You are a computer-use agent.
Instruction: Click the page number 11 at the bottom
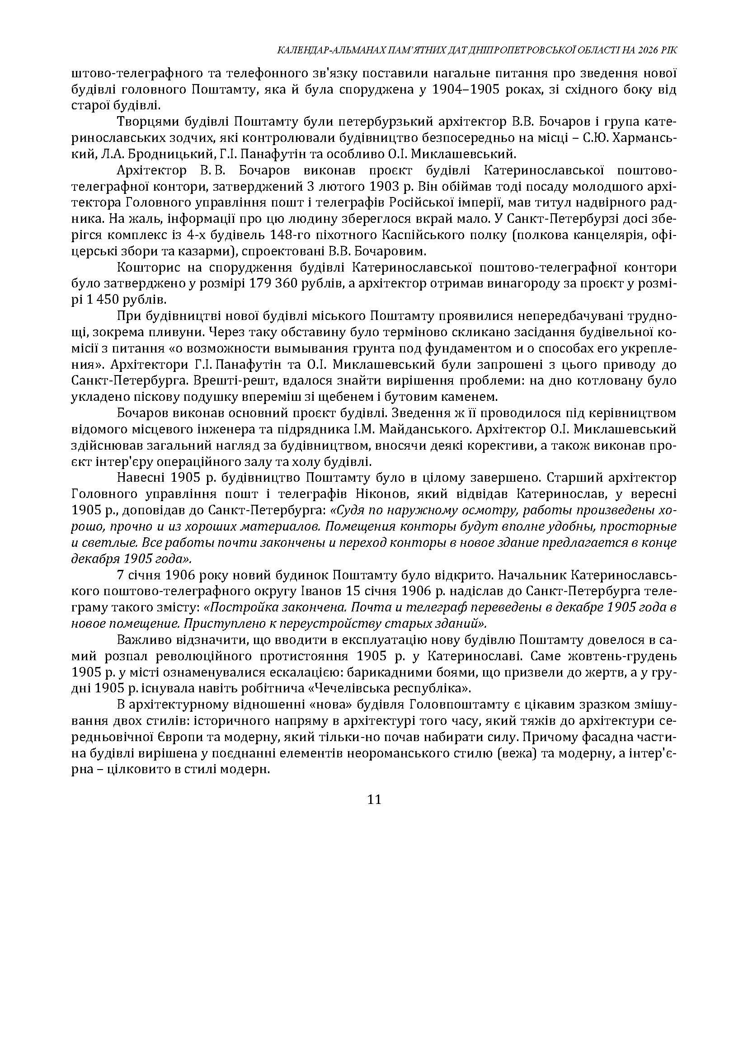pyautogui.click(x=375, y=799)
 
